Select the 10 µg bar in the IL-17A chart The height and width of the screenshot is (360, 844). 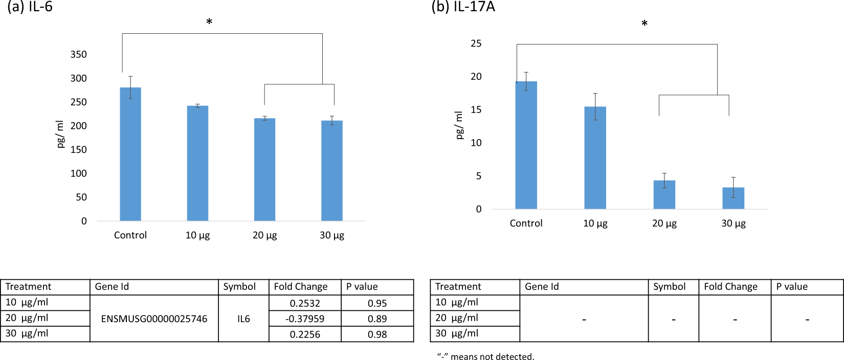595,158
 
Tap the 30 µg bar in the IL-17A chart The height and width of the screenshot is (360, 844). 733,198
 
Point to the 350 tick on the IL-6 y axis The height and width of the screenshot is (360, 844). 78,54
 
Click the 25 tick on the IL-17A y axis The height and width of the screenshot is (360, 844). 476,43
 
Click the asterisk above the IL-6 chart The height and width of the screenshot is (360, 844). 209,22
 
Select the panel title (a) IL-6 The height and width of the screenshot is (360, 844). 30,7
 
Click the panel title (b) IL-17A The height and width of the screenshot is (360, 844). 463,7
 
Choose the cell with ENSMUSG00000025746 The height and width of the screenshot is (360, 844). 154,319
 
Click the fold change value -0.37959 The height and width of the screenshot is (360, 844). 305,319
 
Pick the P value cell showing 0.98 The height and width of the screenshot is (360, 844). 377,334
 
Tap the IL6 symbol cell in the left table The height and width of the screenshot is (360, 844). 243,319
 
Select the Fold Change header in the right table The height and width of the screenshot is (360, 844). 730,287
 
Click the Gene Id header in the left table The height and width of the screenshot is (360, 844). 112,287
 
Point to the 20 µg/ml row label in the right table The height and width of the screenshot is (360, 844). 456,318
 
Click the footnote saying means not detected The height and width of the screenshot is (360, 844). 485,356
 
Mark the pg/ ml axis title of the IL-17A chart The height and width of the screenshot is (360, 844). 459,125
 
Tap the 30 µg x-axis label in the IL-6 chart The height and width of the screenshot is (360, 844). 332,235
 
